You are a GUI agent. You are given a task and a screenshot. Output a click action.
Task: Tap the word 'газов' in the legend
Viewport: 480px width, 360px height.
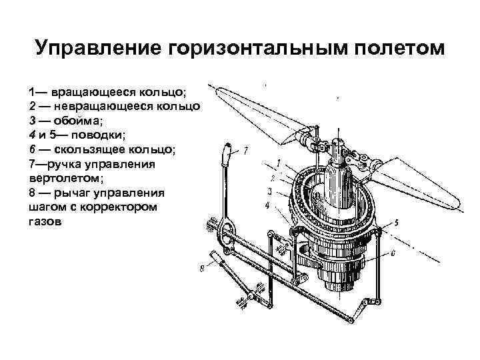(44, 222)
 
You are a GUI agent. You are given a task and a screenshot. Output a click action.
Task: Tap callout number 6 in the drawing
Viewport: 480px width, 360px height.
(393, 253)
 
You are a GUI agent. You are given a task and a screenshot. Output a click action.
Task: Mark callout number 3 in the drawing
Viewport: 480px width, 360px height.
(269, 191)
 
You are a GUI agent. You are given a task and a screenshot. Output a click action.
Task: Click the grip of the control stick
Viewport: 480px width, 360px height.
(228, 155)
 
